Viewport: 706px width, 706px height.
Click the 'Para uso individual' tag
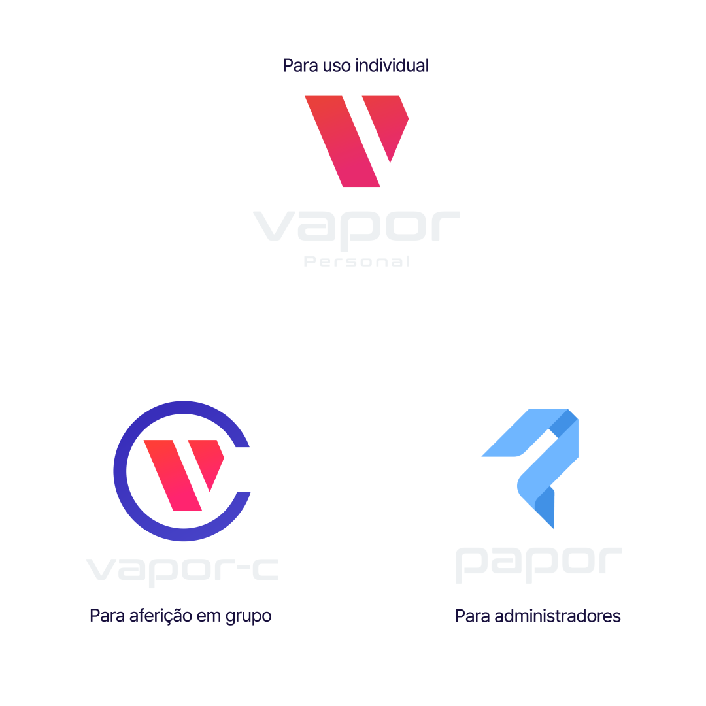[356, 66]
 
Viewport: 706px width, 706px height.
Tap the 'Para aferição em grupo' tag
[180, 616]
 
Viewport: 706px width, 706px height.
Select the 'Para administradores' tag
[537, 616]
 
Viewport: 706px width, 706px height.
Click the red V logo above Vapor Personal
[356, 141]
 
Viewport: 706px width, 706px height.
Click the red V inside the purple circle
[183, 472]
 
